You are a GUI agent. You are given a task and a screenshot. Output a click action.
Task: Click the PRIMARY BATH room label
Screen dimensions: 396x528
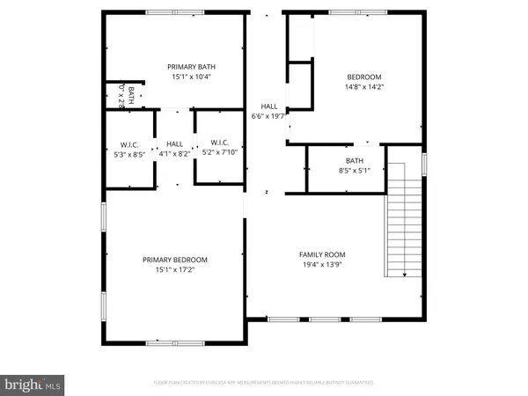(x=193, y=67)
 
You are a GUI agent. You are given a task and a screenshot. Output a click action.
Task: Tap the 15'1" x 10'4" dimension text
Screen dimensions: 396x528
(x=193, y=77)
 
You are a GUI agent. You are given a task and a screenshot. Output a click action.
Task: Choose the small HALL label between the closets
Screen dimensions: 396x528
(x=174, y=143)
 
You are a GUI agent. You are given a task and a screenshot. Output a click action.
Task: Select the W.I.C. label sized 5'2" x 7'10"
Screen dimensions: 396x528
(x=218, y=143)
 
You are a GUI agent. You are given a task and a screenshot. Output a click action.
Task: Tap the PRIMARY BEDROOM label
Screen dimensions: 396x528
(x=175, y=260)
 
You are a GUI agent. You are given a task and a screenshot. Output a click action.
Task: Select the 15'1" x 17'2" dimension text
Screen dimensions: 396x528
(x=175, y=270)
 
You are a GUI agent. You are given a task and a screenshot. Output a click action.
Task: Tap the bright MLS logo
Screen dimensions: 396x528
(x=33, y=384)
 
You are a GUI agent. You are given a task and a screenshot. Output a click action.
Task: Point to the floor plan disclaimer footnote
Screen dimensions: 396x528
(x=263, y=383)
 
